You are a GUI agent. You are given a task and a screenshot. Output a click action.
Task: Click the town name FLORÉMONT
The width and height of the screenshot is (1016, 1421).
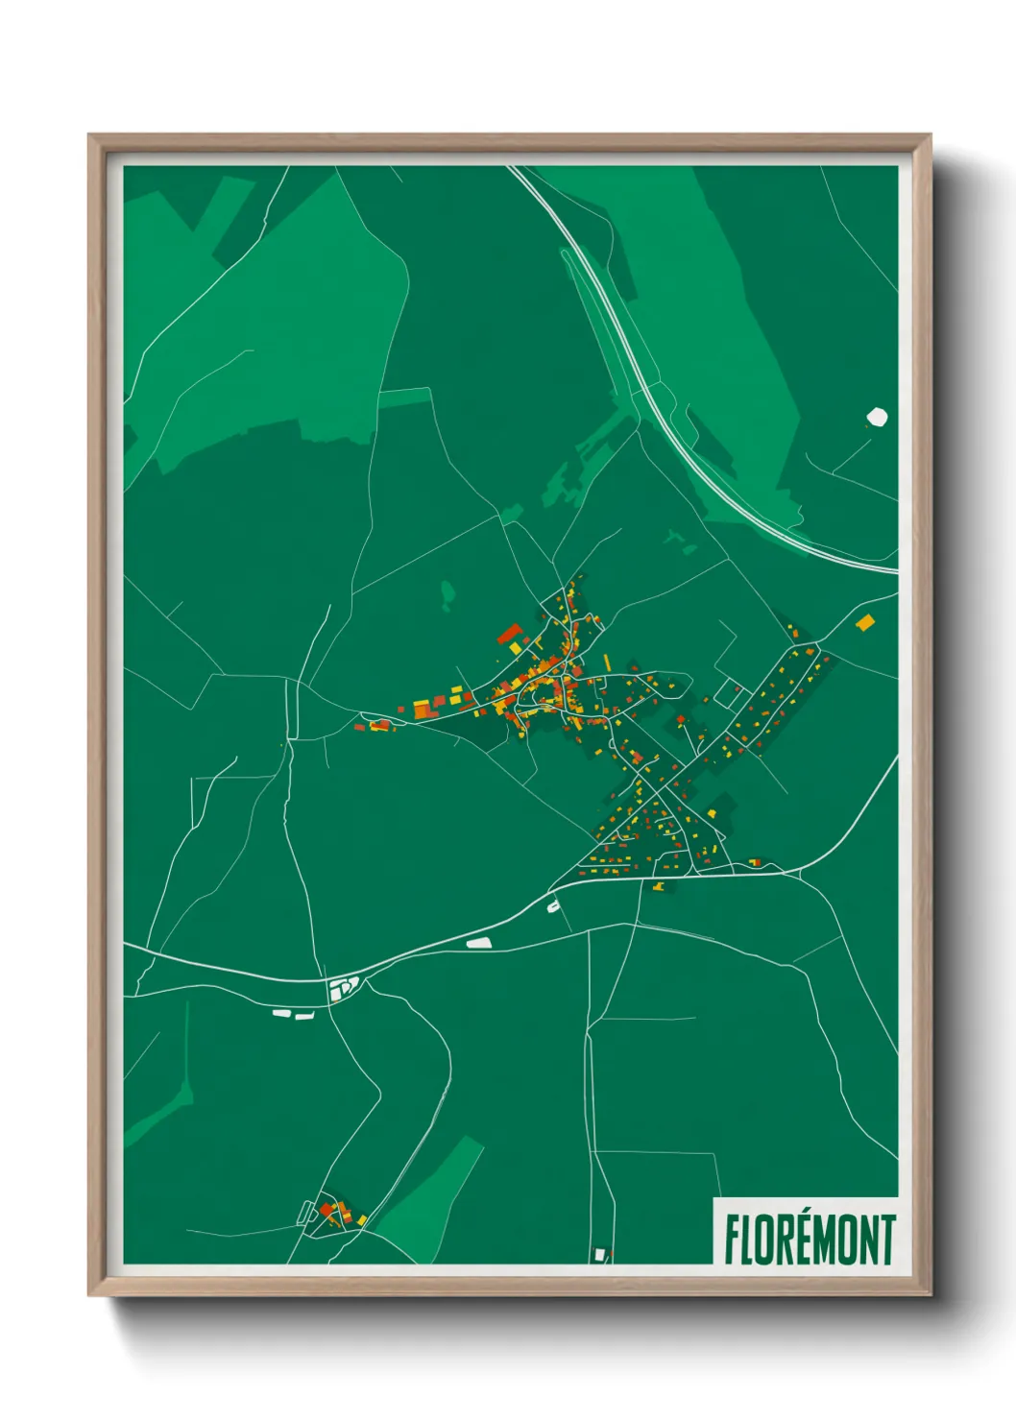click(x=810, y=1240)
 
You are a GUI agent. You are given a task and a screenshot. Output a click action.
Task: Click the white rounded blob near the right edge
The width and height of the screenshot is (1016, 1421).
click(x=877, y=417)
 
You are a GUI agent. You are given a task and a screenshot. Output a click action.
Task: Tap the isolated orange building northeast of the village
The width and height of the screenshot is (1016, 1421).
click(x=865, y=622)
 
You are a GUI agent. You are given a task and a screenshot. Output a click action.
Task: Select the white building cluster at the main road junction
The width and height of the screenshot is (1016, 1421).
click(x=342, y=988)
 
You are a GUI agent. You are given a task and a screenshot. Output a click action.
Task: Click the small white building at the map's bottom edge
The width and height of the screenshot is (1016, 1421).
click(x=600, y=1254)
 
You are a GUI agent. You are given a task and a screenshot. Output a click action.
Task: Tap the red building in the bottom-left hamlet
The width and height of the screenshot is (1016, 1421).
click(x=327, y=1208)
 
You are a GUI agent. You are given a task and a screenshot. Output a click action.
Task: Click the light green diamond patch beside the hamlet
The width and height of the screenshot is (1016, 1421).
click(x=427, y=1191)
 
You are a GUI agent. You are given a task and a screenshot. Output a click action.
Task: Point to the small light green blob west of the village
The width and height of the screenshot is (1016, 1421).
click(x=447, y=594)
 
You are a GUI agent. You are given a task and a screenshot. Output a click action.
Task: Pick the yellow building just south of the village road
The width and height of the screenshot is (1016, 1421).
click(x=659, y=886)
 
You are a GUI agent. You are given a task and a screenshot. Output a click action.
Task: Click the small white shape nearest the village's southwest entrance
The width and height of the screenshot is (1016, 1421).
click(x=553, y=904)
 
